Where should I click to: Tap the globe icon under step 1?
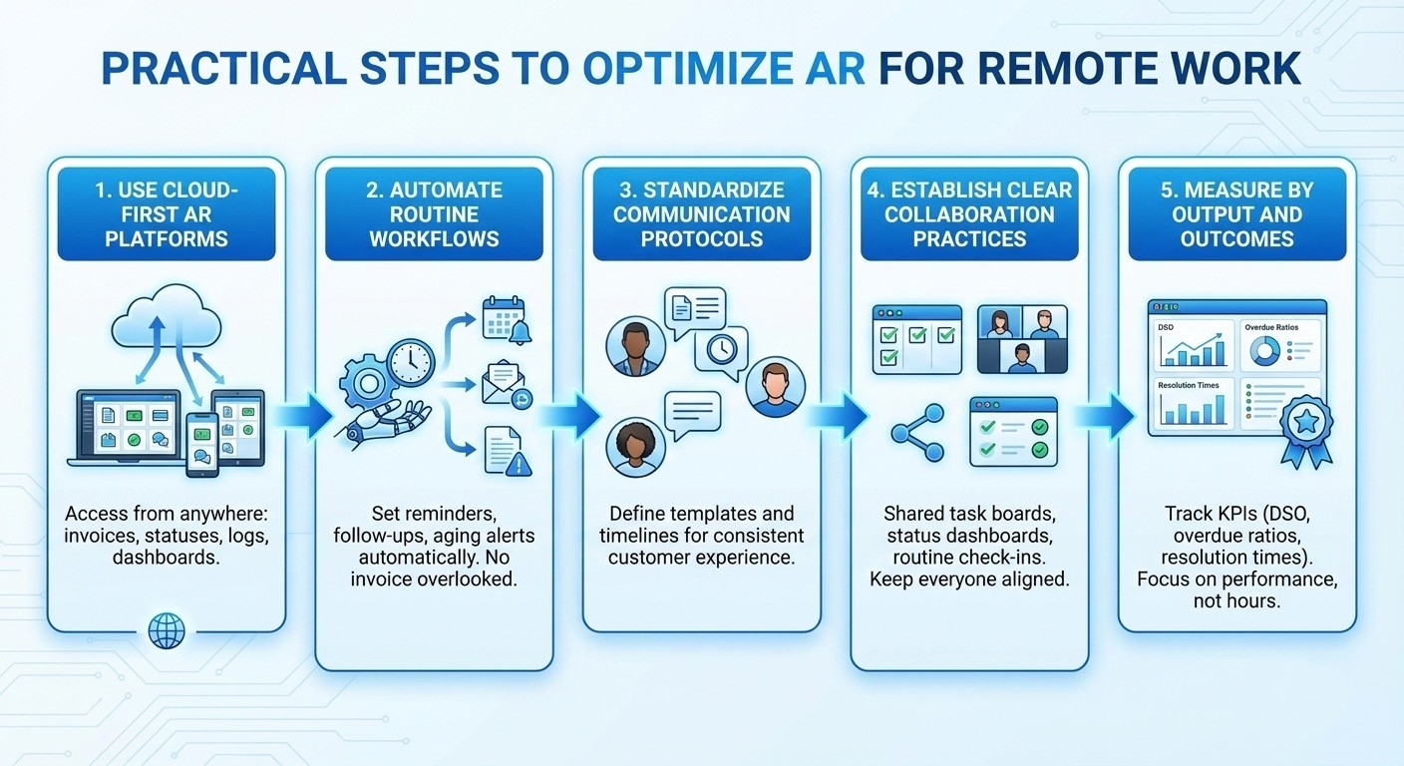pos(166,630)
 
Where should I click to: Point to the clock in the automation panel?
pos(411,363)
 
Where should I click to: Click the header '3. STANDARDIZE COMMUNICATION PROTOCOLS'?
pos(702,214)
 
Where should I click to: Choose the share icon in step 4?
pos(917,432)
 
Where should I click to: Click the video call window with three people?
pos(1022,339)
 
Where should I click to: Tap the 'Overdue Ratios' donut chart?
pos(1265,349)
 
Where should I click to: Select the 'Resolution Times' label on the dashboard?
pos(1190,384)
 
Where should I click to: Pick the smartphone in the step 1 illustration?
pos(202,443)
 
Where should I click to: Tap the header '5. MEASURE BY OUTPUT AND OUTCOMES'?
pos(1236,214)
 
